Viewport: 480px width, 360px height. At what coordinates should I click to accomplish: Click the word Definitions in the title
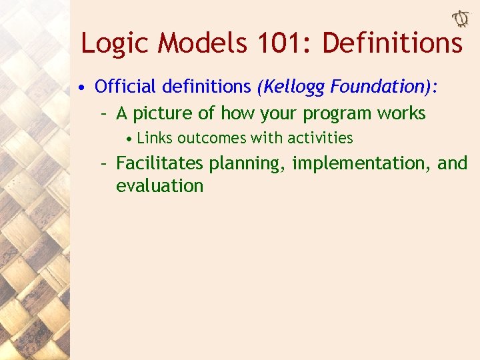(x=392, y=43)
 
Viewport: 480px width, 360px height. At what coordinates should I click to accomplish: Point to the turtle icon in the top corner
(x=460, y=20)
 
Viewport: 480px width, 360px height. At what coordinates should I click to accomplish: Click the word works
(x=400, y=113)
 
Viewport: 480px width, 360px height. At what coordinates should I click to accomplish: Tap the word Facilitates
(x=160, y=163)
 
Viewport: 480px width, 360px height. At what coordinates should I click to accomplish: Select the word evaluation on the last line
(x=159, y=185)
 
